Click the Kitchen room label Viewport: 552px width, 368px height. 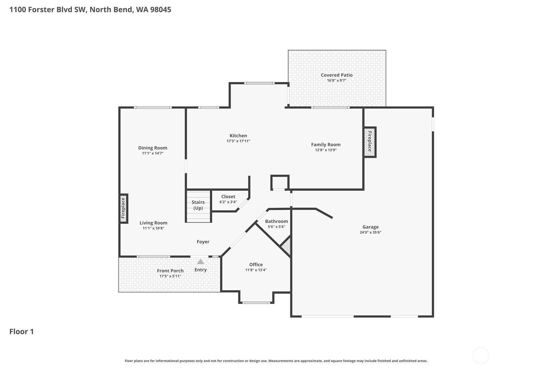(x=238, y=136)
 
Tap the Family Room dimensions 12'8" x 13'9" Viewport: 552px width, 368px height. (x=326, y=150)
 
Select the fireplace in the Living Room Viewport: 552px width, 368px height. (x=124, y=209)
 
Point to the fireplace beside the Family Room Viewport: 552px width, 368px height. (x=370, y=142)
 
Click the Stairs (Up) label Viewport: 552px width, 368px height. (x=198, y=205)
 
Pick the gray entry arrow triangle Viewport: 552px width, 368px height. (x=201, y=261)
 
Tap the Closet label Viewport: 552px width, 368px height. (x=228, y=197)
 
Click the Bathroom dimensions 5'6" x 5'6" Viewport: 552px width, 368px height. (x=276, y=226)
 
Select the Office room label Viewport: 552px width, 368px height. (x=256, y=265)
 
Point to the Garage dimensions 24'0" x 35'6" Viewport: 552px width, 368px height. (x=370, y=232)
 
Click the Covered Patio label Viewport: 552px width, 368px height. (x=337, y=75)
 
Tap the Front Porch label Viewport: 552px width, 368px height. (x=170, y=271)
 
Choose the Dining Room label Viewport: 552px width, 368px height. (x=153, y=148)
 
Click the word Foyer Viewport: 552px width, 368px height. (x=203, y=242)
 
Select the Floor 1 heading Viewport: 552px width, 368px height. (x=21, y=332)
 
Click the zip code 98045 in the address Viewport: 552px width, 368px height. (x=160, y=10)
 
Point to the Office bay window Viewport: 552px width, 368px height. (x=256, y=302)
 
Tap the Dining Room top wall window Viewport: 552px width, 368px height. (x=153, y=107)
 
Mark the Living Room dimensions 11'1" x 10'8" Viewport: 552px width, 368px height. (x=153, y=228)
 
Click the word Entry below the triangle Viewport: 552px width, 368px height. (x=200, y=270)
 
